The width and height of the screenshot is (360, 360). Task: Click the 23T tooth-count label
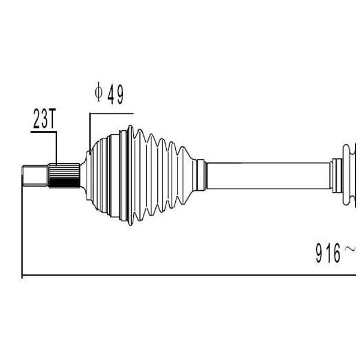(44, 118)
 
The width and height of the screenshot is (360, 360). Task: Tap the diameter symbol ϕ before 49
(99, 92)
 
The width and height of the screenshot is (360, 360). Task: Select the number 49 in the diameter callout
(115, 94)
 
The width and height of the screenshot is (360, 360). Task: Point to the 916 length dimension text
(328, 253)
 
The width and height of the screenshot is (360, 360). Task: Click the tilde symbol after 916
(350, 249)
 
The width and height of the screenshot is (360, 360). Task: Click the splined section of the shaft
(64, 175)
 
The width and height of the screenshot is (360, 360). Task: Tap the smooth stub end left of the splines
(35, 175)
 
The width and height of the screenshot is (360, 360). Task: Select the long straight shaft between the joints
(269, 176)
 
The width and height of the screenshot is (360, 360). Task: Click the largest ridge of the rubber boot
(130, 175)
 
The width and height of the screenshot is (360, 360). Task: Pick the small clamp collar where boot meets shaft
(202, 175)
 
